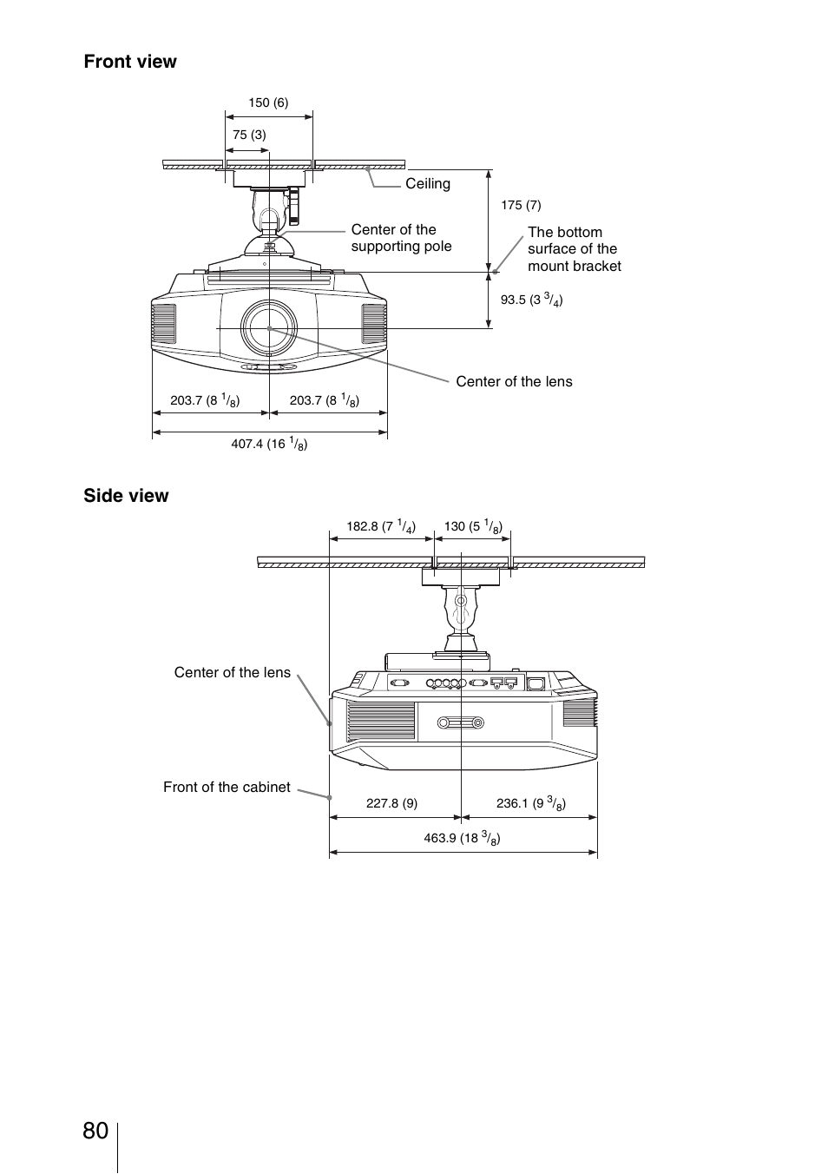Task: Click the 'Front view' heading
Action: point(130,62)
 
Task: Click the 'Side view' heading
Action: point(126,496)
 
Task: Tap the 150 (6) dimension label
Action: point(268,102)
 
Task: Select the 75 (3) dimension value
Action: point(249,135)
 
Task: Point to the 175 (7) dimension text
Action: point(521,205)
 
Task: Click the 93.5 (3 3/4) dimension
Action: point(531,300)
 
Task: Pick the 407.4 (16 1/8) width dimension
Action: point(269,444)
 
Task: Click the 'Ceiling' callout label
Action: point(428,184)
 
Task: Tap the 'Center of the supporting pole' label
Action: point(401,238)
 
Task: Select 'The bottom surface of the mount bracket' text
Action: point(574,249)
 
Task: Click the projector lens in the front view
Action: point(269,328)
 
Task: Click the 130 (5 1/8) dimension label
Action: point(473,526)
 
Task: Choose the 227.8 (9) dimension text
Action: point(391,803)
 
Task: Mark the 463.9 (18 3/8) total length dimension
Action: point(462,838)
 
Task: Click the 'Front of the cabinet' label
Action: point(227,788)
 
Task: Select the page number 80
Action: point(95,1131)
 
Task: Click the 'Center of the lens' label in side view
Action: point(232,673)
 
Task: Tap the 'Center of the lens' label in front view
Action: point(514,382)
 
